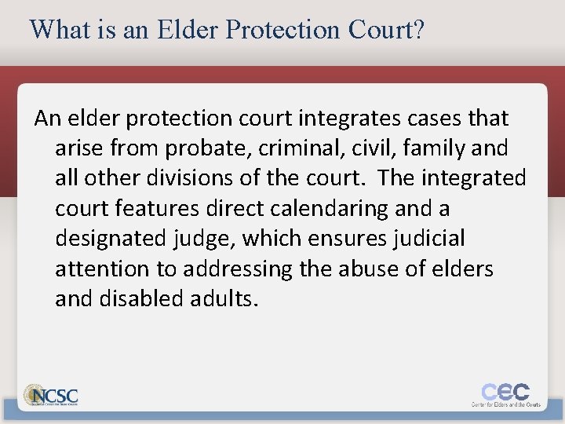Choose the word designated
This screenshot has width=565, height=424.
click(110, 238)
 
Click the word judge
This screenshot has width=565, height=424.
click(202, 238)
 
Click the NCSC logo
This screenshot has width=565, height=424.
click(52, 395)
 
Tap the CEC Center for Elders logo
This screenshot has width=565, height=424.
click(505, 394)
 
